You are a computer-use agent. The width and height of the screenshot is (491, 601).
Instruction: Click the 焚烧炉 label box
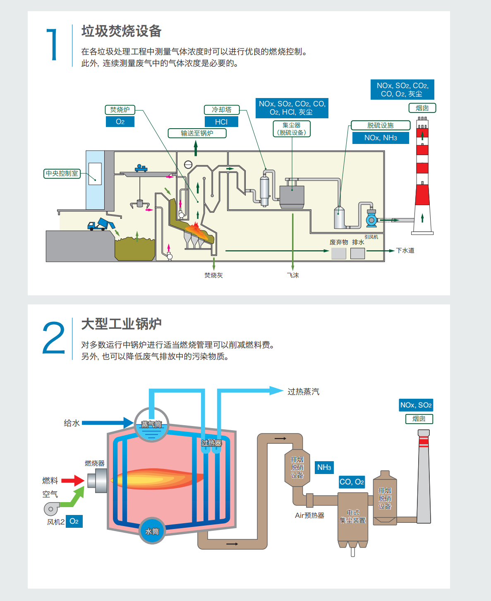120,110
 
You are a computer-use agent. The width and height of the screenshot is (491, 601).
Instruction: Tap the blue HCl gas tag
221,122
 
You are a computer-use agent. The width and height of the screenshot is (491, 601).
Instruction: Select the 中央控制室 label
62,173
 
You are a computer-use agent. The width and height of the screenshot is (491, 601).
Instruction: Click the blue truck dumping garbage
99,225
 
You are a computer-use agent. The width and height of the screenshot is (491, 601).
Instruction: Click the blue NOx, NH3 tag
381,138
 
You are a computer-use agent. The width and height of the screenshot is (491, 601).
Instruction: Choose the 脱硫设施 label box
381,125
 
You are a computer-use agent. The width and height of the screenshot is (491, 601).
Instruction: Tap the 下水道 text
405,250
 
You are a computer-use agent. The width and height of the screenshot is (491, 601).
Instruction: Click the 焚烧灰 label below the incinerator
213,275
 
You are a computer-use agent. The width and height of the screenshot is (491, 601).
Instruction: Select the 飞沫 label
293,275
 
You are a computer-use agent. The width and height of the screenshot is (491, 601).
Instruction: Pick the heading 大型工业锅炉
121,324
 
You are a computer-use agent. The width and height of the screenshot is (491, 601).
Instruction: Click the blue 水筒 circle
152,531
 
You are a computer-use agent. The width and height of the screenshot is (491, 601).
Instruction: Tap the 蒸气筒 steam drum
151,425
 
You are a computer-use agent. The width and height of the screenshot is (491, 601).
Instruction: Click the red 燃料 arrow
73,480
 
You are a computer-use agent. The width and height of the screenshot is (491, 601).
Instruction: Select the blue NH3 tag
324,467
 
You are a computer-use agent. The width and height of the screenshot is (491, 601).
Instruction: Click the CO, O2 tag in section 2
352,482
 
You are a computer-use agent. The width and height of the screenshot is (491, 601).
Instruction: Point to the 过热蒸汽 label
303,392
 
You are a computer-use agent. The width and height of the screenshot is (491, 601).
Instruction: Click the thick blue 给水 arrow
108,423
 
